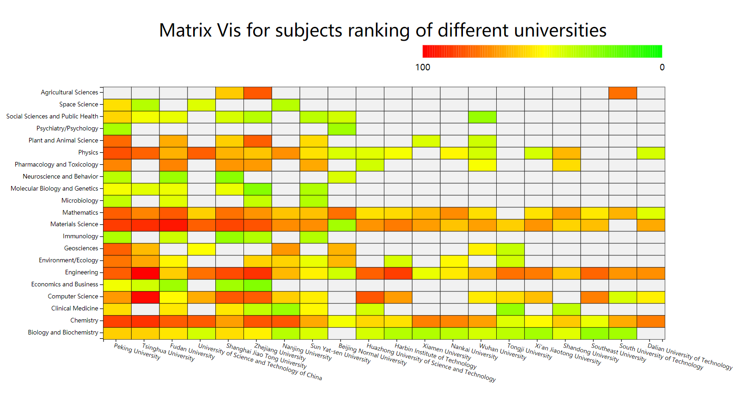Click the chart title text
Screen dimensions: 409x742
(x=383, y=31)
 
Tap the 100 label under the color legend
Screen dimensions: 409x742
(x=422, y=68)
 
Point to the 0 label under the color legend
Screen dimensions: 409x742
(x=662, y=68)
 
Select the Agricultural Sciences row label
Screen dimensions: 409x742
(x=69, y=93)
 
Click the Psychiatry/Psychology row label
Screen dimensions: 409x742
(x=67, y=129)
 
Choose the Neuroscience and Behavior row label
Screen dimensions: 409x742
(x=60, y=177)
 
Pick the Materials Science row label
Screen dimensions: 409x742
(x=74, y=224)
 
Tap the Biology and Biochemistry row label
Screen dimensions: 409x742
(x=63, y=333)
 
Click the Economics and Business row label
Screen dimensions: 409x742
(x=65, y=285)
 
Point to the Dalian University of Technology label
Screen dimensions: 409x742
(x=690, y=357)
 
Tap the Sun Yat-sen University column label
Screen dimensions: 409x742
(x=341, y=353)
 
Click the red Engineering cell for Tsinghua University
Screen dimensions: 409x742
(x=146, y=273)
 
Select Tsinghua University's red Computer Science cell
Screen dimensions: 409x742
(x=146, y=297)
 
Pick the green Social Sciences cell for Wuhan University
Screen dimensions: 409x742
(x=482, y=117)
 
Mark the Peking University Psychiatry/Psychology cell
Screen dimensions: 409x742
(x=117, y=129)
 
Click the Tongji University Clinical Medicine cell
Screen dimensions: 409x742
(x=511, y=309)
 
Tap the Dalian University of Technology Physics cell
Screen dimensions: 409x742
(x=651, y=153)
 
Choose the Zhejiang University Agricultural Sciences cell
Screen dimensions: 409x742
(x=258, y=93)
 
